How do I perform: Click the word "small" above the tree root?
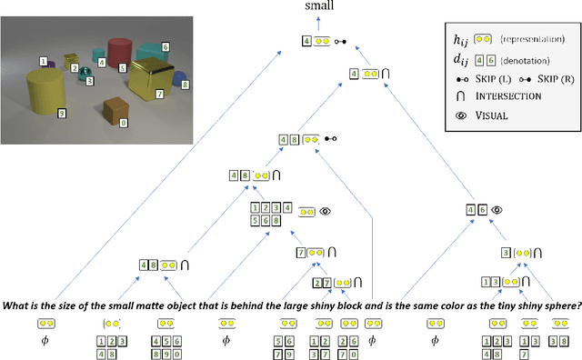(x=318, y=7)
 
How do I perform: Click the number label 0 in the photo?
(x=125, y=121)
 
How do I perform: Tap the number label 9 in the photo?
(x=62, y=114)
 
